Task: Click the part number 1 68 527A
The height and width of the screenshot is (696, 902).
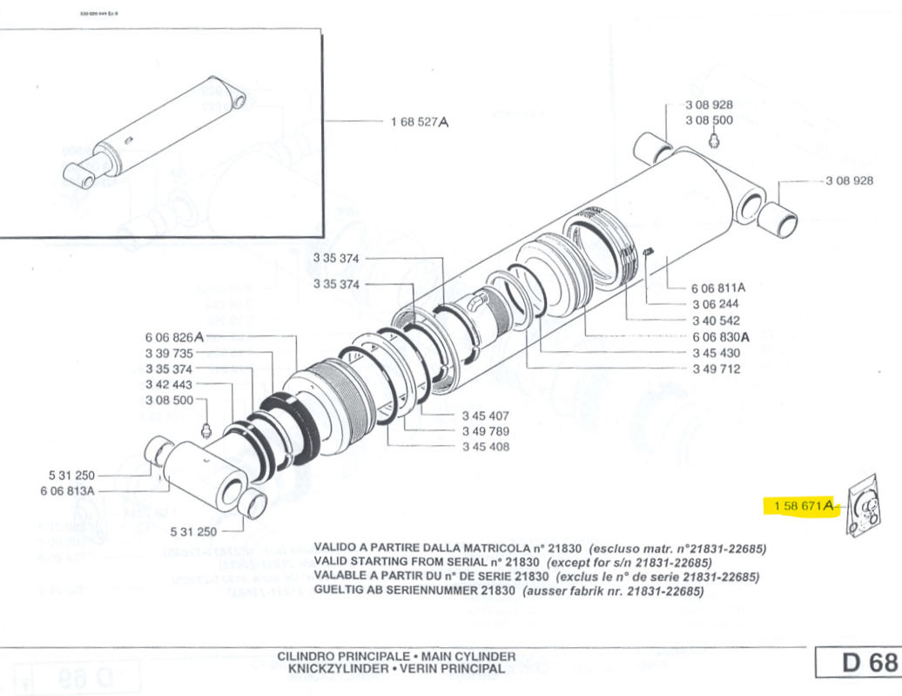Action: pos(421,123)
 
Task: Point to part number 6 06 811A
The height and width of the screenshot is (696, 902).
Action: pos(719,287)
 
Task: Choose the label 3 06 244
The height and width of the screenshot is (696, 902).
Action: pos(716,304)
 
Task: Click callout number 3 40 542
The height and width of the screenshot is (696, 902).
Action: pos(716,321)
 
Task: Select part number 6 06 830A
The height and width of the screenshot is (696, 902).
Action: pos(720,336)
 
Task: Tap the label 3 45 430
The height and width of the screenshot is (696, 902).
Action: pos(716,353)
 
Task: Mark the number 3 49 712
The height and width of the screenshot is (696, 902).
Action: pos(716,368)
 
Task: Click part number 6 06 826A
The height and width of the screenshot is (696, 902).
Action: pos(174,337)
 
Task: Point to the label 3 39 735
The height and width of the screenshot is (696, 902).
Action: pos(170,353)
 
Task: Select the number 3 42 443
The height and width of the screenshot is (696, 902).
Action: pos(170,385)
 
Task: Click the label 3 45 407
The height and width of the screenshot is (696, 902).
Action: pos(486,416)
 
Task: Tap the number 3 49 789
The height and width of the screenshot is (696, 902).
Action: pos(486,432)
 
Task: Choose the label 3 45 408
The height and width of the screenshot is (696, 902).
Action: pos(486,448)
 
